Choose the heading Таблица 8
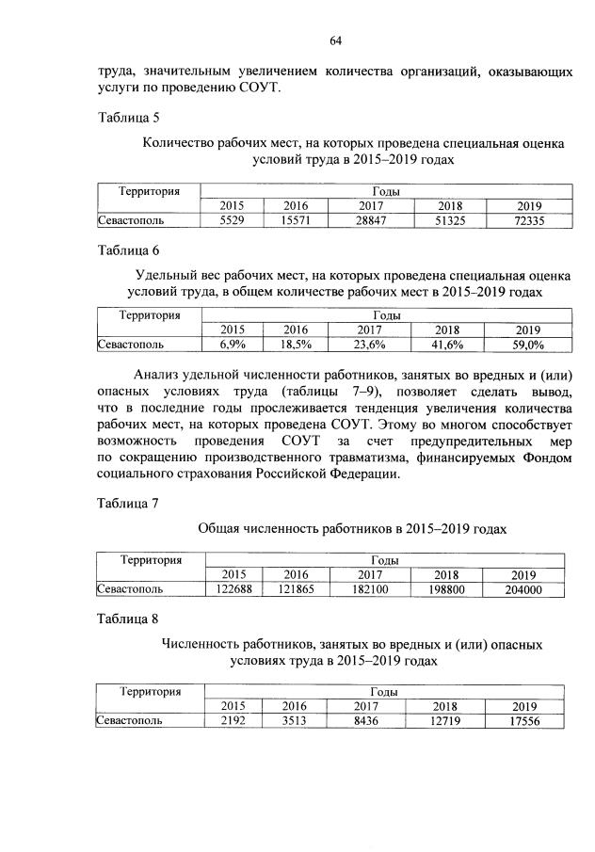[x=129, y=619]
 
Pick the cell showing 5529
[x=231, y=221]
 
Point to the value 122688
[x=236, y=589]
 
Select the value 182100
[x=369, y=589]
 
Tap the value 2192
[x=236, y=720]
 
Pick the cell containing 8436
[x=369, y=720]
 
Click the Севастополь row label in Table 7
[x=131, y=589]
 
